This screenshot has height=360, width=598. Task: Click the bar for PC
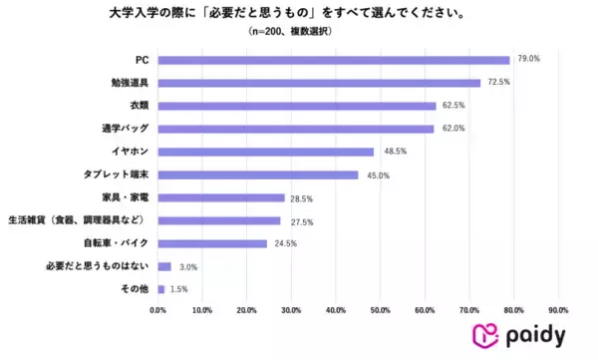tap(334, 59)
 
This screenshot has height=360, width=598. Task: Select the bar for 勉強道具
tap(319, 82)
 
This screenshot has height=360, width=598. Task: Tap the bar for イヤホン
tap(266, 152)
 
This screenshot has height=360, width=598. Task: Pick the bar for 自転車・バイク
tap(212, 242)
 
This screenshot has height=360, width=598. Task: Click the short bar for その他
tap(161, 289)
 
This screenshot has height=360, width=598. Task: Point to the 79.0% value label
tap(527, 59)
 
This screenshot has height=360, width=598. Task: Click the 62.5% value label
tap(453, 105)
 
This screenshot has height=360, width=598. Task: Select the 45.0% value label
tap(377, 175)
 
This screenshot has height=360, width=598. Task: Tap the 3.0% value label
tap(187, 266)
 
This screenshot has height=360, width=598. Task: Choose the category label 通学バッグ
tap(126, 129)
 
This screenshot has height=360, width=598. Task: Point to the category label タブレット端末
tap(118, 175)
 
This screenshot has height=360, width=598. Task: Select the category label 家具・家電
tap(126, 197)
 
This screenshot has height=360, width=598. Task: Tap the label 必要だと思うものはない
tap(98, 266)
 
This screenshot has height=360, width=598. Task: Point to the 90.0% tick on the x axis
tap(559, 310)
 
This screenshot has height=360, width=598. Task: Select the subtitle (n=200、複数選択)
tap(288, 32)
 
